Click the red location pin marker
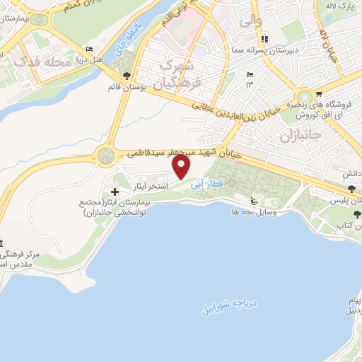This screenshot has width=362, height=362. [x=182, y=167]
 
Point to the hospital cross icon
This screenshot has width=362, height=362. [x=115, y=192]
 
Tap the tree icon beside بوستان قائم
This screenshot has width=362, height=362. [x=126, y=76]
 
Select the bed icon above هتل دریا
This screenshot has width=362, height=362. [x=88, y=49]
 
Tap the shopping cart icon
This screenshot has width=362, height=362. [x=318, y=93]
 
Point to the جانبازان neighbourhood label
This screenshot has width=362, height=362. [x=300, y=134]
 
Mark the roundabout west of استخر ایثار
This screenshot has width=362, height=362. [x=107, y=153]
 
